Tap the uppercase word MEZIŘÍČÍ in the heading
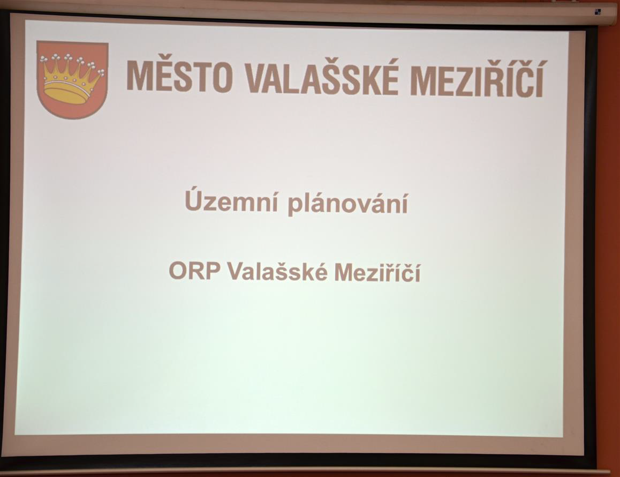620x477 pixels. tap(477, 77)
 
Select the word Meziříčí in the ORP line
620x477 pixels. tap(377, 272)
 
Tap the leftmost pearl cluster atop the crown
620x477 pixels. tap(43, 59)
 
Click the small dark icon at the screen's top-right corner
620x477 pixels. tap(598, 11)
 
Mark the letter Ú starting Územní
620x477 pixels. tap(192, 199)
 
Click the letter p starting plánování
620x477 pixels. tap(294, 206)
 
